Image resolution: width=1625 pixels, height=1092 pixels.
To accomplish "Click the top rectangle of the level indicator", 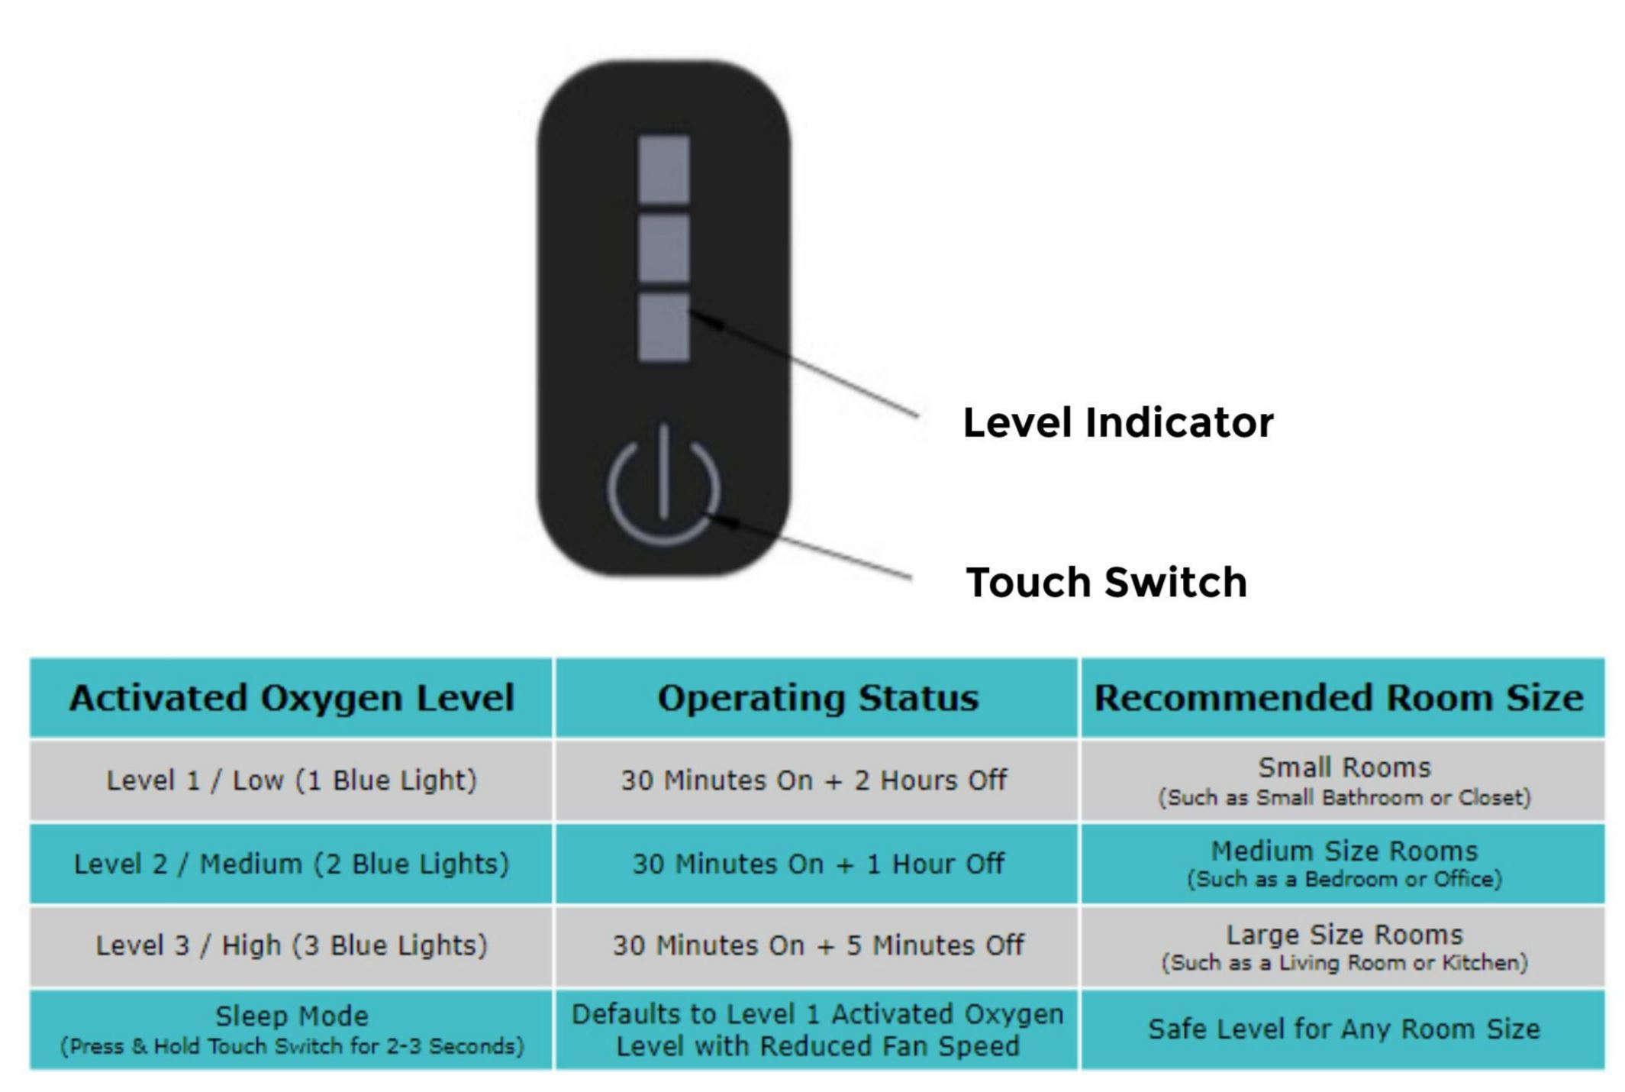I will (x=663, y=170).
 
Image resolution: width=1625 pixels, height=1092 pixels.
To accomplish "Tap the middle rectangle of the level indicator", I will (x=663, y=247).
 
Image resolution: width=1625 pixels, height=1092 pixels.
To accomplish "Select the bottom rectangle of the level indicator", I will (x=663, y=326).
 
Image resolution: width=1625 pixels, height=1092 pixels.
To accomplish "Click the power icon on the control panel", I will (x=663, y=487).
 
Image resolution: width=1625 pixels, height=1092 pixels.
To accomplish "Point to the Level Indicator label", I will (x=1117, y=422).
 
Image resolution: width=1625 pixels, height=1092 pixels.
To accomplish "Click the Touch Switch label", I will (x=1106, y=582).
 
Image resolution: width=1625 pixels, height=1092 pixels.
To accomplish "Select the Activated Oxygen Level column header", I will (x=291, y=698).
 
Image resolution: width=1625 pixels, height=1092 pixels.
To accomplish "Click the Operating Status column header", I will (x=817, y=698).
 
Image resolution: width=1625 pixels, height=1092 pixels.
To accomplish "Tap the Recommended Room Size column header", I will (x=1342, y=698).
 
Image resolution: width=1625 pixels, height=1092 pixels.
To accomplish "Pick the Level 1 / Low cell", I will (x=291, y=780).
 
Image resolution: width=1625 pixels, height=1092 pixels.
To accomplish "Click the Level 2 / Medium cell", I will (x=291, y=864).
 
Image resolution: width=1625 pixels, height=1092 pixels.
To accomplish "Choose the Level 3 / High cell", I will (x=291, y=945).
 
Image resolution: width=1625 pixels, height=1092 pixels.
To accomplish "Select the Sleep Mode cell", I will (x=291, y=1029).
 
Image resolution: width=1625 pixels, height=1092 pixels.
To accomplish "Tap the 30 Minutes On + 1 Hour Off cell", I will (x=817, y=864).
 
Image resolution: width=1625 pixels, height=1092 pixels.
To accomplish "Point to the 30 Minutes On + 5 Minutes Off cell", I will (x=817, y=945).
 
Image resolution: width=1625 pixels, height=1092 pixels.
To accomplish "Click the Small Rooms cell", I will (x=1343, y=780).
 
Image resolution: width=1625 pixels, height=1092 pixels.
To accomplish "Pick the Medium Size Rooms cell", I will (x=1343, y=864).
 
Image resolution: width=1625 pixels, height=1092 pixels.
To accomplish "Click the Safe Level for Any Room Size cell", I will (x=1343, y=1029).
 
